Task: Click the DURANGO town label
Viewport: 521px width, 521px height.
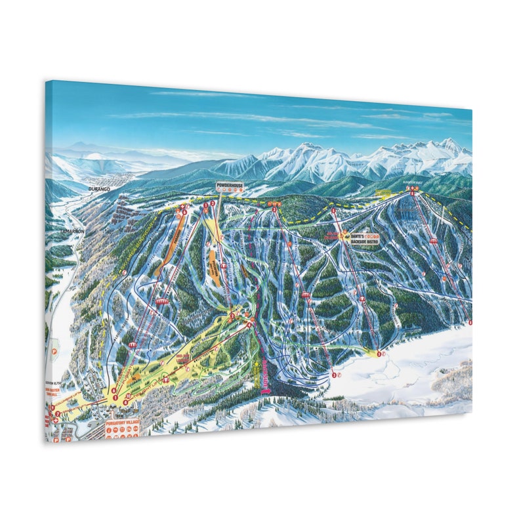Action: tap(98, 188)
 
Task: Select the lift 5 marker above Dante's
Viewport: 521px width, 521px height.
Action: tap(333, 210)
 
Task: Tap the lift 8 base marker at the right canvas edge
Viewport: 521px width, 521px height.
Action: tap(470, 322)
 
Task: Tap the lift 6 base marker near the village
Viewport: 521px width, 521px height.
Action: tap(114, 391)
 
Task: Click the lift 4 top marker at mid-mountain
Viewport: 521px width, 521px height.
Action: tap(231, 315)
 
